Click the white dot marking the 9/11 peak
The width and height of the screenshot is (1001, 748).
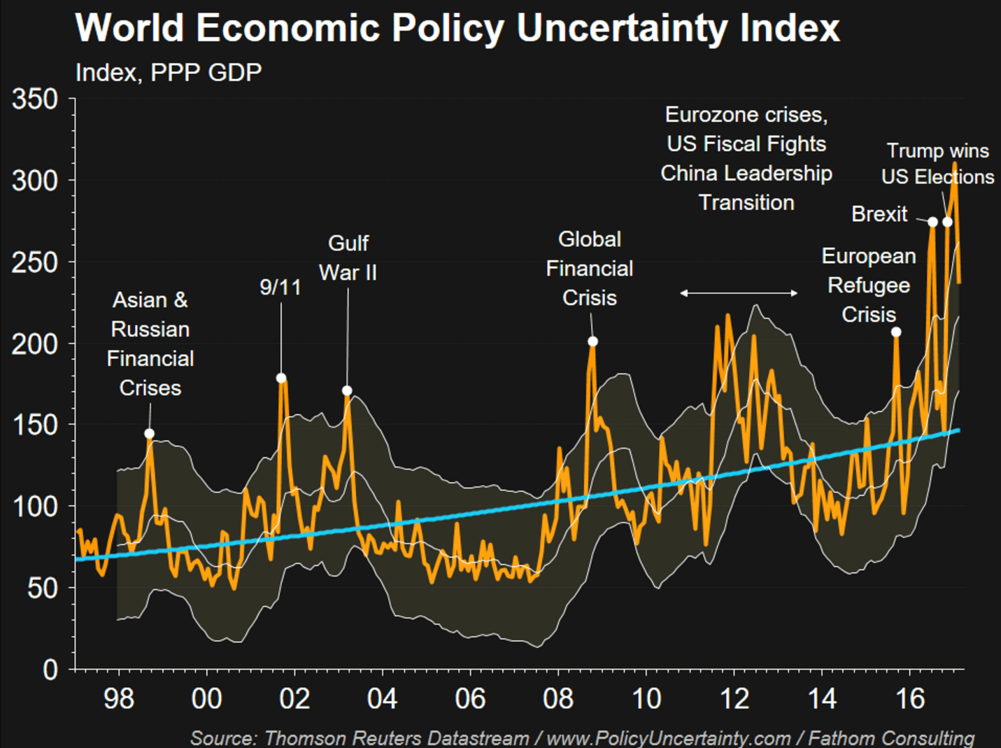pyautogui.click(x=281, y=378)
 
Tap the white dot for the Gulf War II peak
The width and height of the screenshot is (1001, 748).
pyautogui.click(x=347, y=390)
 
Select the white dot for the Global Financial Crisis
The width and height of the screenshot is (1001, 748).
pyautogui.click(x=592, y=341)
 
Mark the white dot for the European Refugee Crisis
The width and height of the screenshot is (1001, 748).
pyautogui.click(x=896, y=332)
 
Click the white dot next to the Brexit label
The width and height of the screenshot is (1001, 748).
pyautogui.click(x=932, y=222)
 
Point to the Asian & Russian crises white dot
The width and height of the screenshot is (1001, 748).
pyautogui.click(x=149, y=434)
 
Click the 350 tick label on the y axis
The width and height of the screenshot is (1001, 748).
pyautogui.click(x=35, y=99)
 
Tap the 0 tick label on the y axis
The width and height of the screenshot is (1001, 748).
pyautogui.click(x=50, y=670)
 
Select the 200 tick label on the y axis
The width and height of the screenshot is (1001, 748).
pyautogui.click(x=35, y=344)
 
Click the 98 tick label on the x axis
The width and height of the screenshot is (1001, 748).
pyautogui.click(x=118, y=698)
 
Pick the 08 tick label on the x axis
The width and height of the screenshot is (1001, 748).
pyautogui.click(x=558, y=698)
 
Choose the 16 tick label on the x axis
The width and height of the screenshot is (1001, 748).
pyautogui.click(x=910, y=698)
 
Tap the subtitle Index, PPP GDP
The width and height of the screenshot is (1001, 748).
pyautogui.click(x=169, y=72)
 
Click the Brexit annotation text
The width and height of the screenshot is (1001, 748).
pyautogui.click(x=879, y=214)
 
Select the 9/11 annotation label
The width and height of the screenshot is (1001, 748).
pyautogui.click(x=281, y=287)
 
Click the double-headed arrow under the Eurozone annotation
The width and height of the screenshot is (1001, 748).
pyautogui.click(x=739, y=293)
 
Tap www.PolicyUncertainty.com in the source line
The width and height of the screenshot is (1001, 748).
pyautogui.click(x=668, y=738)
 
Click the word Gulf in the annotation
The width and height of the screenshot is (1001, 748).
pyautogui.click(x=348, y=244)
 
